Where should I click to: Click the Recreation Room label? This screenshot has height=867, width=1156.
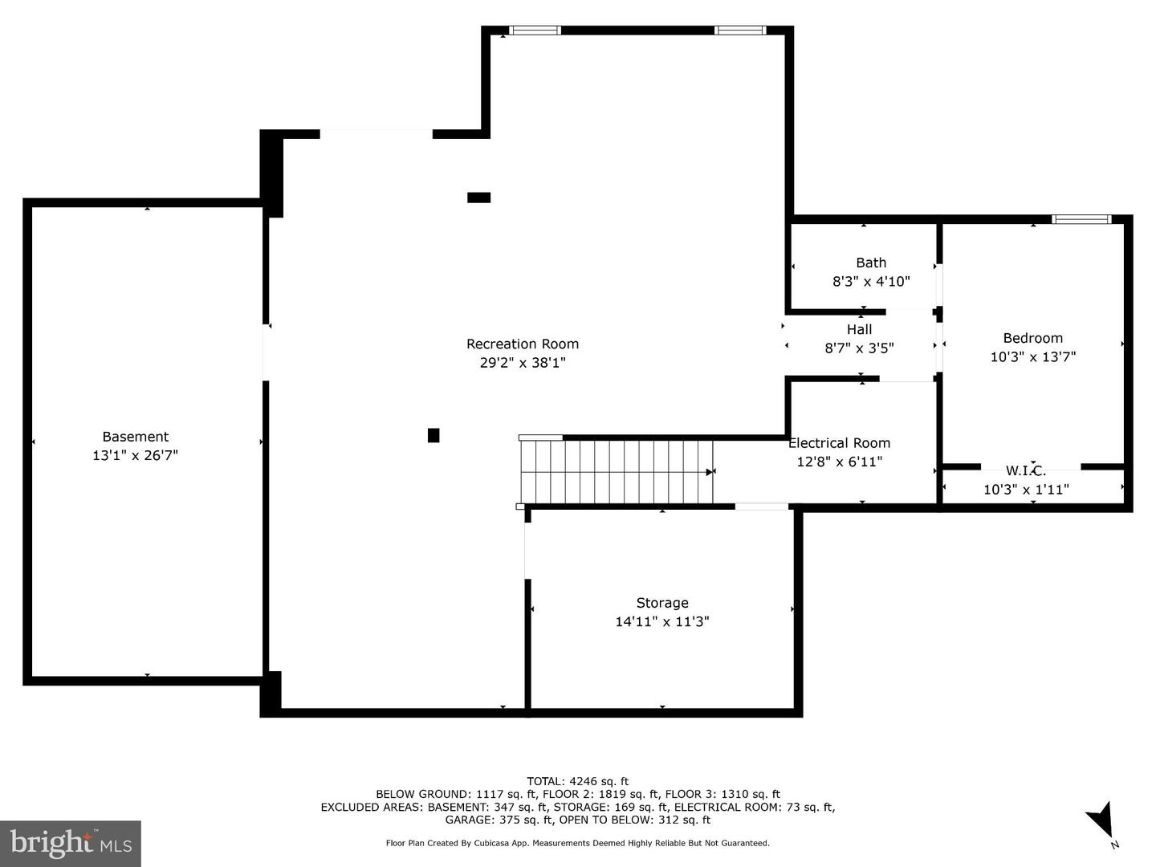point(523,344)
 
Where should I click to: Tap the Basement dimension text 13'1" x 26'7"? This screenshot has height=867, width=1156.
point(135,455)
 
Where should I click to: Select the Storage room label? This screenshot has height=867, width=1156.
point(662,603)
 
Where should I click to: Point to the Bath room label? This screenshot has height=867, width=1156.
point(871,263)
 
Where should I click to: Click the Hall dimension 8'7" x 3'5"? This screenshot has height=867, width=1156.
point(859,348)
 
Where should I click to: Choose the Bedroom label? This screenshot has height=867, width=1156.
point(1032,338)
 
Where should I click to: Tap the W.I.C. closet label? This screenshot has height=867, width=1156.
point(1026,471)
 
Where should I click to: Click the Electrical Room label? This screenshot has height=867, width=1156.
point(839,443)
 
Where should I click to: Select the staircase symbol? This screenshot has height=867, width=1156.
point(616,471)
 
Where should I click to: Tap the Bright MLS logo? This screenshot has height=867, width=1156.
point(71,843)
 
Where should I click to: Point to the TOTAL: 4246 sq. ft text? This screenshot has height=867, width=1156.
point(577,780)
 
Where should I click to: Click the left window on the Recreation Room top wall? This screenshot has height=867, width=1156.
point(535,31)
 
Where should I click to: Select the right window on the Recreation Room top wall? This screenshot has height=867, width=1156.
point(740,31)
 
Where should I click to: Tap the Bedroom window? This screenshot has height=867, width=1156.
point(1081,218)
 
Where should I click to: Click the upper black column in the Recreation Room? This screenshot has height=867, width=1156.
point(478,197)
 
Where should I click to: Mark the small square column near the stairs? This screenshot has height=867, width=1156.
point(433,435)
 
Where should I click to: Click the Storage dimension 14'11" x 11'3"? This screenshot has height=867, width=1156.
point(662,621)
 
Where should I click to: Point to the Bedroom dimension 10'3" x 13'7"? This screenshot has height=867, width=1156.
point(1032,356)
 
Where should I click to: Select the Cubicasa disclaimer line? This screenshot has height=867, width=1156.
point(577,843)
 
